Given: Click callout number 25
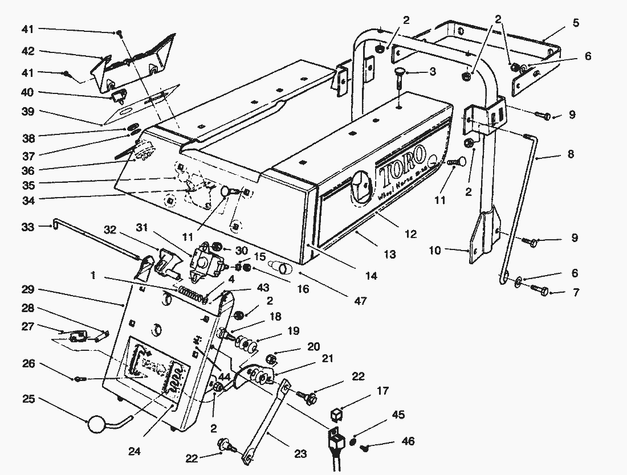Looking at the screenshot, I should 28,399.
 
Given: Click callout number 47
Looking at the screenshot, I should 360,300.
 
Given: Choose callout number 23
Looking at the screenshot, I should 300,454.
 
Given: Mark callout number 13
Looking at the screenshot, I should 389,255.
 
